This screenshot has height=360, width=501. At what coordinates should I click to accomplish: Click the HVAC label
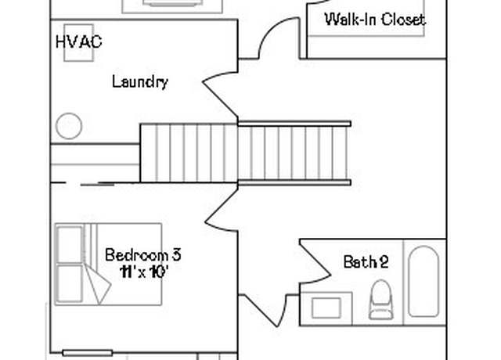[x=78, y=41]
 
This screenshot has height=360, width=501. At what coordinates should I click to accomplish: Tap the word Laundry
[x=140, y=82]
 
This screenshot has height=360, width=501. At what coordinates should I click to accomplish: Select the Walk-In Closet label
[x=375, y=20]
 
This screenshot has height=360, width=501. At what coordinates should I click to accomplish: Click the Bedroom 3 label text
[x=143, y=255]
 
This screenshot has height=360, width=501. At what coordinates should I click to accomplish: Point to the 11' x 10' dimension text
[x=143, y=272]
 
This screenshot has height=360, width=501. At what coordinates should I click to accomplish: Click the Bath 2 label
[x=366, y=262]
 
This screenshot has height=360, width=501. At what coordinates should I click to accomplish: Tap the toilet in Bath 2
[x=381, y=300]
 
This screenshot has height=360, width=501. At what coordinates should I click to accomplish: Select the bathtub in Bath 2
[x=424, y=281]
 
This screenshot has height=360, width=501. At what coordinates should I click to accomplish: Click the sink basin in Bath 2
[x=326, y=308]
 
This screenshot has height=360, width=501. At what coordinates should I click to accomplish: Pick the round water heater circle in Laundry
[x=69, y=126]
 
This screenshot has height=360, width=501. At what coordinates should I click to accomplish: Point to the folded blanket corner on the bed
[x=98, y=283]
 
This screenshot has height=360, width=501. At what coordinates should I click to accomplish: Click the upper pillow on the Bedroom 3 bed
[x=70, y=244]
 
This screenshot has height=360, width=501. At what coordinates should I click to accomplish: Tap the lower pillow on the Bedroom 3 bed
[x=70, y=283]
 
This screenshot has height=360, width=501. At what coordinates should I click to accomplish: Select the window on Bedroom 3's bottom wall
[x=87, y=353]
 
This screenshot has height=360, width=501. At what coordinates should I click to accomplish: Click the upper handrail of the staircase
[x=294, y=124]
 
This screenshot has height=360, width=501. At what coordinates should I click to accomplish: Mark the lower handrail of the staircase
[x=294, y=182]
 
